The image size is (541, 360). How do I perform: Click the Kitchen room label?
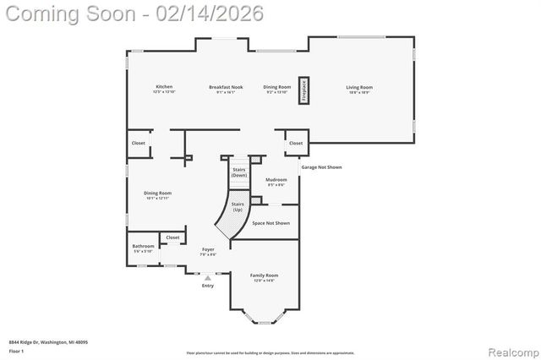click(x=164, y=88)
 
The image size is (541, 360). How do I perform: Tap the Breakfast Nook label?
click(x=226, y=88)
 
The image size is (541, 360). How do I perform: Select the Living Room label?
click(x=359, y=88)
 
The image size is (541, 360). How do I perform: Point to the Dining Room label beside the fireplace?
click(x=276, y=88)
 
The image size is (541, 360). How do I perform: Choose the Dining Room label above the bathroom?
click(x=158, y=194)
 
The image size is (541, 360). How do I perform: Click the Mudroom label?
click(x=276, y=181)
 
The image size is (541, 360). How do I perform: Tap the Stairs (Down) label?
click(x=239, y=172)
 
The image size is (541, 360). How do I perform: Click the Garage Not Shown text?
click(x=322, y=167)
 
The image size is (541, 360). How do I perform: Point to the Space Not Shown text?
click(x=270, y=223)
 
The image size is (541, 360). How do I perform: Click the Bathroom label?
click(x=143, y=248)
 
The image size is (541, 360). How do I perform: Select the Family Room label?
click(x=264, y=277)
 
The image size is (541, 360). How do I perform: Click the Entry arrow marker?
click(x=208, y=277)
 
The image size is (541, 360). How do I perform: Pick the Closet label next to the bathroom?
click(x=172, y=237)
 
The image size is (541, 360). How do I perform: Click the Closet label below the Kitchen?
click(x=139, y=143)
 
